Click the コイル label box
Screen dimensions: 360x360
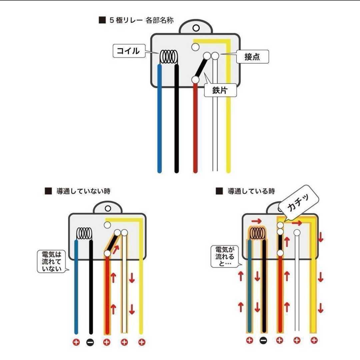[129, 51]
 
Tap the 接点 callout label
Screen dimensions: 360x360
[252, 56]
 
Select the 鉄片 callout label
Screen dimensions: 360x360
[220, 90]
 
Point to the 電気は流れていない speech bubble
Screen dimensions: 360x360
[52, 262]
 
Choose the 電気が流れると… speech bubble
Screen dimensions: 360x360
[225, 256]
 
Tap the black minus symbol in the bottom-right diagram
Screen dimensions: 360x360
[263, 340]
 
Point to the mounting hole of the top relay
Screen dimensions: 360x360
[196, 28]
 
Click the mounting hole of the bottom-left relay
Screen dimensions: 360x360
[108, 208]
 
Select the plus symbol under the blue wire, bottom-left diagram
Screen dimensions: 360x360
[76, 342]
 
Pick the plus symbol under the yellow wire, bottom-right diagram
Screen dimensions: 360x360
[314, 340]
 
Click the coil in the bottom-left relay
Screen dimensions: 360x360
[84, 233]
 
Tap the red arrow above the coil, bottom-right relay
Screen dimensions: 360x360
[256, 221]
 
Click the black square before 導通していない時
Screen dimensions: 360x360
[48, 191]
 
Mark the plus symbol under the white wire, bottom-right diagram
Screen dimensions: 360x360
[297, 340]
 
